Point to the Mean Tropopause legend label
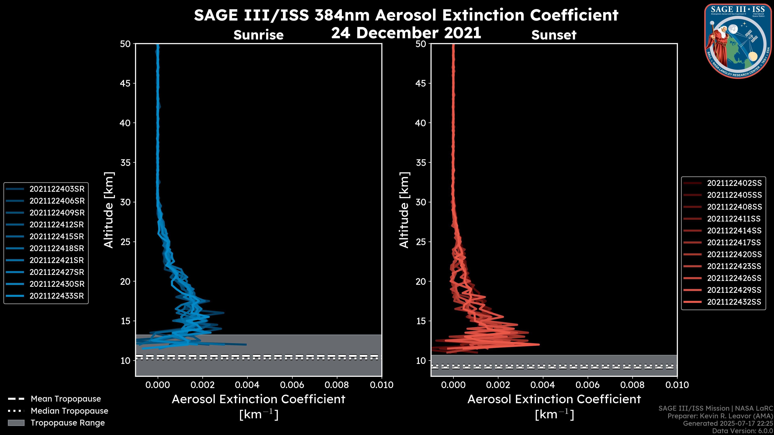[66, 399]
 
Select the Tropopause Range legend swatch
[16, 423]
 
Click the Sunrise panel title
[258, 35]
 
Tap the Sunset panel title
[554, 35]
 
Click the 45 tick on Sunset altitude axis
[421, 83]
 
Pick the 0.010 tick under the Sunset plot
[677, 385]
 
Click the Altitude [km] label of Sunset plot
[404, 210]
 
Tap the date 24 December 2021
[406, 32]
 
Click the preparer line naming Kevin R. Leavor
[720, 416]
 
